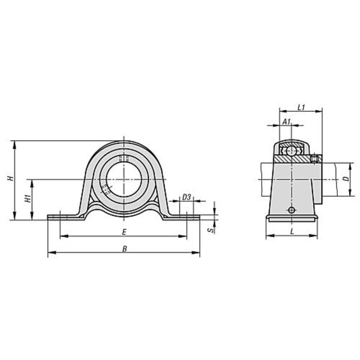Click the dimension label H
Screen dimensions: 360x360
pyautogui.click(x=10, y=178)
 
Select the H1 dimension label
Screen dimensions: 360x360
pyautogui.click(x=28, y=199)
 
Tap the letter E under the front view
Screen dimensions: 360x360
pyautogui.click(x=124, y=232)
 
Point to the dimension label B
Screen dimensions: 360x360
pyautogui.click(x=125, y=248)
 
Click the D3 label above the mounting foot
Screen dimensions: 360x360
pyautogui.click(x=187, y=197)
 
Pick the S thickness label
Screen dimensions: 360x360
pyautogui.click(x=211, y=230)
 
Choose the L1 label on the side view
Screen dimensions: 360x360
pyautogui.click(x=301, y=107)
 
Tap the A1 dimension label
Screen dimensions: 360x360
pyautogui.click(x=286, y=122)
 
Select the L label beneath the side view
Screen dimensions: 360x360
pyautogui.click(x=292, y=232)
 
